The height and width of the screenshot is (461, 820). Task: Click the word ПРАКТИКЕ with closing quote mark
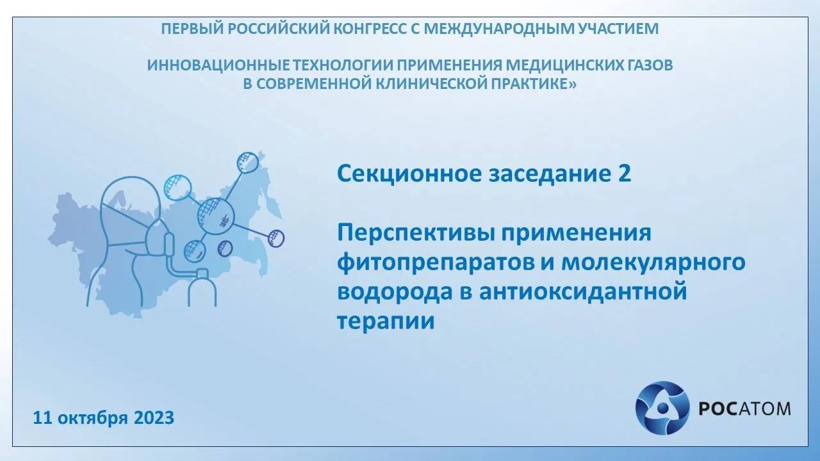coord(534,85)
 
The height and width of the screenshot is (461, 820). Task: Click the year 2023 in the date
coord(154,418)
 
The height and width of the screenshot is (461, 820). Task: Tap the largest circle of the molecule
coord(217,216)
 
